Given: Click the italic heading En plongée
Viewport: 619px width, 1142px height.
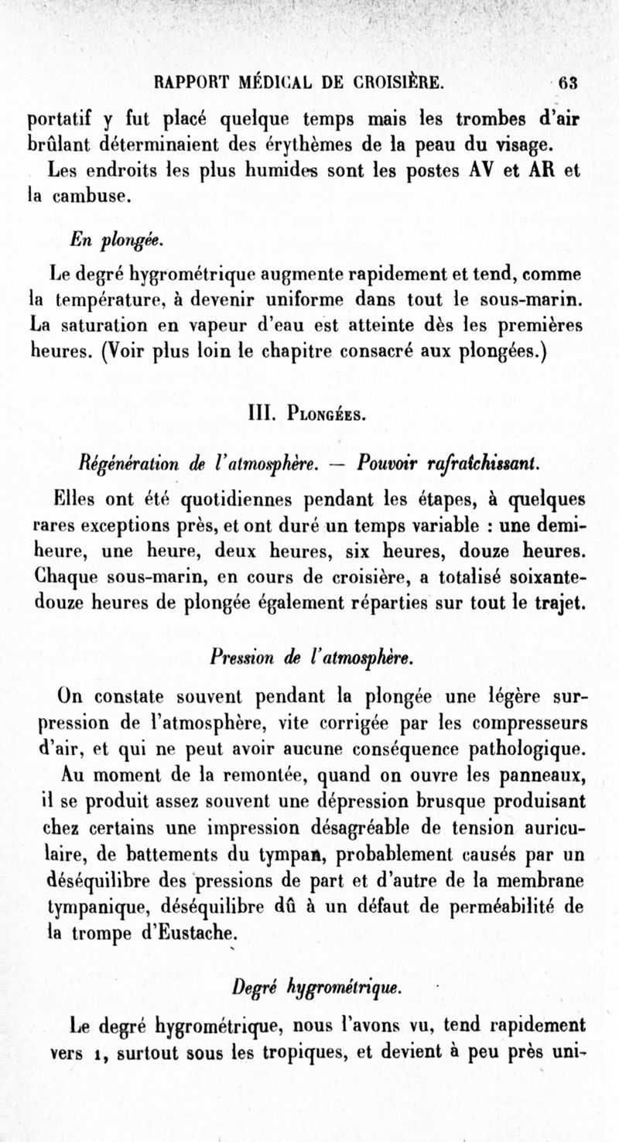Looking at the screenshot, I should [113, 241].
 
